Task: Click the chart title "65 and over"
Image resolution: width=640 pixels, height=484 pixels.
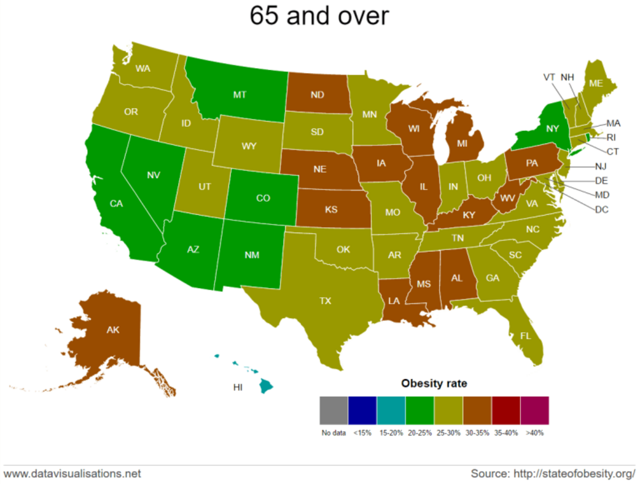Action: pyautogui.click(x=319, y=16)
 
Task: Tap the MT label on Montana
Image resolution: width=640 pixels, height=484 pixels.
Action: pyautogui.click(x=240, y=95)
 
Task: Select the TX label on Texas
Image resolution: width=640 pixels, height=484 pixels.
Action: pyautogui.click(x=325, y=301)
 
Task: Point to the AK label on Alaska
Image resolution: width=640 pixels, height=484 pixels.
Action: pyautogui.click(x=113, y=330)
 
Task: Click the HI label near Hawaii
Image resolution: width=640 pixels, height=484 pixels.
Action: pyautogui.click(x=238, y=387)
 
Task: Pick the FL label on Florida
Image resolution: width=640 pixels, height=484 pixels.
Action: pyautogui.click(x=525, y=336)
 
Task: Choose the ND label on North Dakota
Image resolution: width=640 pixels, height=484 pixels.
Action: pyautogui.click(x=317, y=95)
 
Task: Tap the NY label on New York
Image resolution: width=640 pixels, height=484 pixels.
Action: pyautogui.click(x=552, y=128)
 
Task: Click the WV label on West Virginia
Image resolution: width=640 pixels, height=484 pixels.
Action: pyautogui.click(x=507, y=198)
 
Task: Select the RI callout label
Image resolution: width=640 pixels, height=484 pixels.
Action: pyautogui.click(x=611, y=137)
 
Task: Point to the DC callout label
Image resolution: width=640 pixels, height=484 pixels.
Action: pyautogui.click(x=601, y=210)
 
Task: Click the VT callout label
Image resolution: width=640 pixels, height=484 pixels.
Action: pyautogui.click(x=549, y=77)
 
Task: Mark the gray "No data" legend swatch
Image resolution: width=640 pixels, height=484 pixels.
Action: pyautogui.click(x=333, y=410)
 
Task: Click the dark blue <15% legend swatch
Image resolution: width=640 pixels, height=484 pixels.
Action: pyautogui.click(x=362, y=410)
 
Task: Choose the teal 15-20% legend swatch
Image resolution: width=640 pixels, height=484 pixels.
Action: pyautogui.click(x=391, y=410)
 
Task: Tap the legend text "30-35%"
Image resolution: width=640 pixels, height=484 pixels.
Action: pyautogui.click(x=477, y=433)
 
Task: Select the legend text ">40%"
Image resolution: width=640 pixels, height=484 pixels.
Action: pyautogui.click(x=535, y=433)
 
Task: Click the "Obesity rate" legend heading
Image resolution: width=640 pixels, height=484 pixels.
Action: pyautogui.click(x=434, y=383)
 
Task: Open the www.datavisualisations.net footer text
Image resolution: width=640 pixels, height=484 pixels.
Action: pyautogui.click(x=72, y=474)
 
